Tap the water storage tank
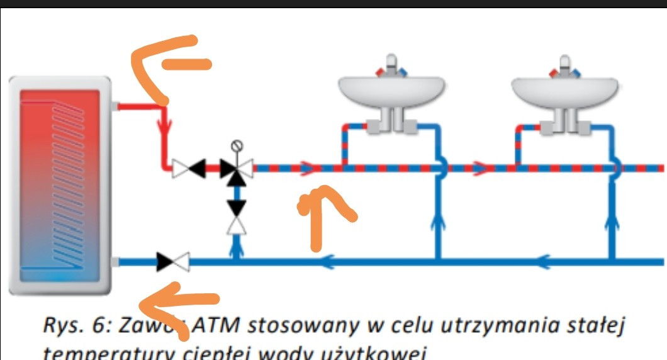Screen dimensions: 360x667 (x=60, y=186)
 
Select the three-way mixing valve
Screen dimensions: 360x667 (x=237, y=168)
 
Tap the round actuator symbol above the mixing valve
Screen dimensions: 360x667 (x=237, y=145)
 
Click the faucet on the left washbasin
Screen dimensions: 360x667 (x=391, y=66)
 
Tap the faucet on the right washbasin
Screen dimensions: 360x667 (x=564, y=66)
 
